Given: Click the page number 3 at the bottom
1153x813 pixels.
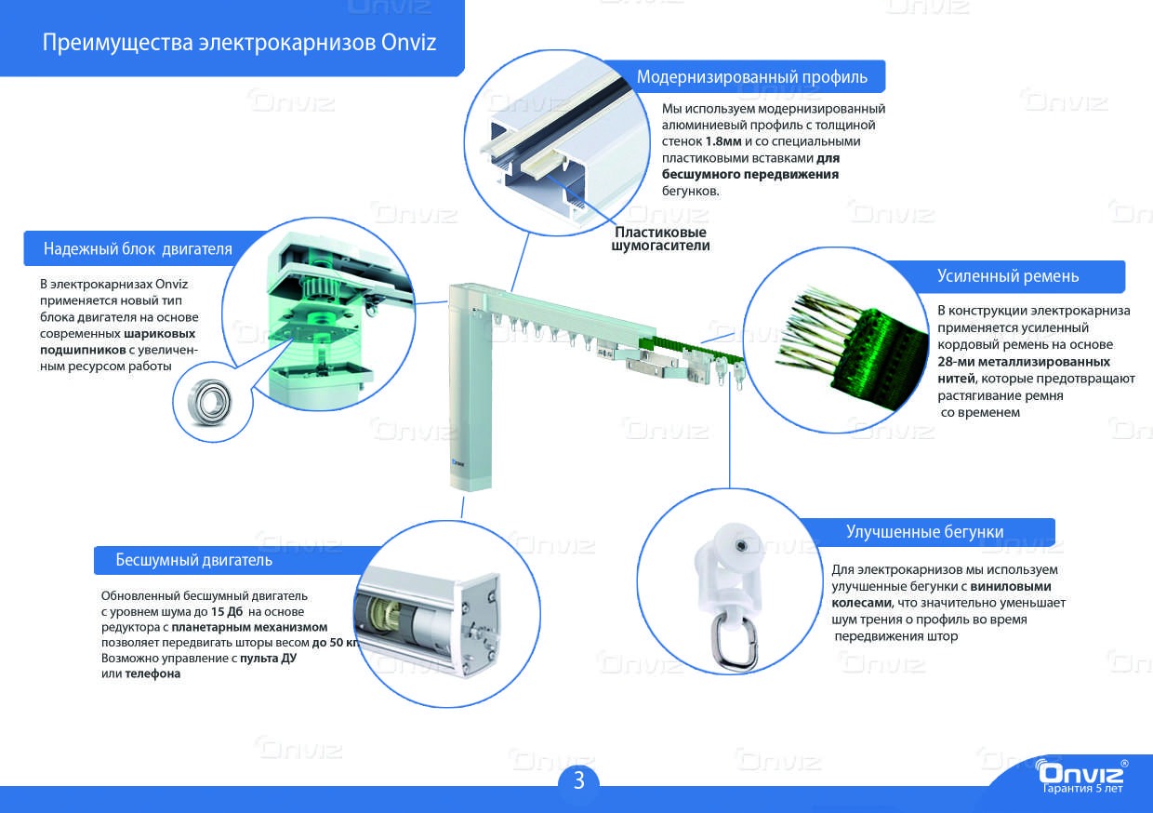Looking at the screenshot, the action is pos(579,780).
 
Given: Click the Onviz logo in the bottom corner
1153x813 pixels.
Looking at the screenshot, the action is pos(1080,772).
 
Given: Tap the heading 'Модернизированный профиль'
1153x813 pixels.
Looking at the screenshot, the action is pos(752,77).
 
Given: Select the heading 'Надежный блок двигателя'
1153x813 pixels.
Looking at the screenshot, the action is pos(138,249).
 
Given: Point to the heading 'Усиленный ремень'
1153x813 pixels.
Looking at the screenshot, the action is pos(1007,276).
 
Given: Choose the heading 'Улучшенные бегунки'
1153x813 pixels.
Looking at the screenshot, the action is pos(924,531).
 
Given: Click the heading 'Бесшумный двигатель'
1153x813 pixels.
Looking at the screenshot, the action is pos(193,560).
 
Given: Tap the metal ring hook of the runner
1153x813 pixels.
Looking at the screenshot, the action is pos(736,644).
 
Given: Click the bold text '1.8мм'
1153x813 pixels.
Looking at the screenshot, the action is pos(723,141).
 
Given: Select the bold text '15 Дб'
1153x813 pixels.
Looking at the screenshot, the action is pos(227,612).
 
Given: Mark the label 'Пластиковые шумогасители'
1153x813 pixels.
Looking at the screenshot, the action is pos(660,239).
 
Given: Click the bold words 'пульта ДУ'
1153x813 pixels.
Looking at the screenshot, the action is pos(268,658).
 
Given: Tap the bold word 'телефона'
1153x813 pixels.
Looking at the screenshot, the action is pos(152,674).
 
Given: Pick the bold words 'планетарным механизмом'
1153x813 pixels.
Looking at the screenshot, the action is pos(249,627).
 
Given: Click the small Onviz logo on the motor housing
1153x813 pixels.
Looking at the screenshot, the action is pos(457,463).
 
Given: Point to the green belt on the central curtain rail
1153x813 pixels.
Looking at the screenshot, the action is pos(691,349).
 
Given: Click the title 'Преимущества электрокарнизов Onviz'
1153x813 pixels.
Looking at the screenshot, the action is pos(239,42).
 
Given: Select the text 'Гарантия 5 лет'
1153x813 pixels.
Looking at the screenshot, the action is pos(1082,788).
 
